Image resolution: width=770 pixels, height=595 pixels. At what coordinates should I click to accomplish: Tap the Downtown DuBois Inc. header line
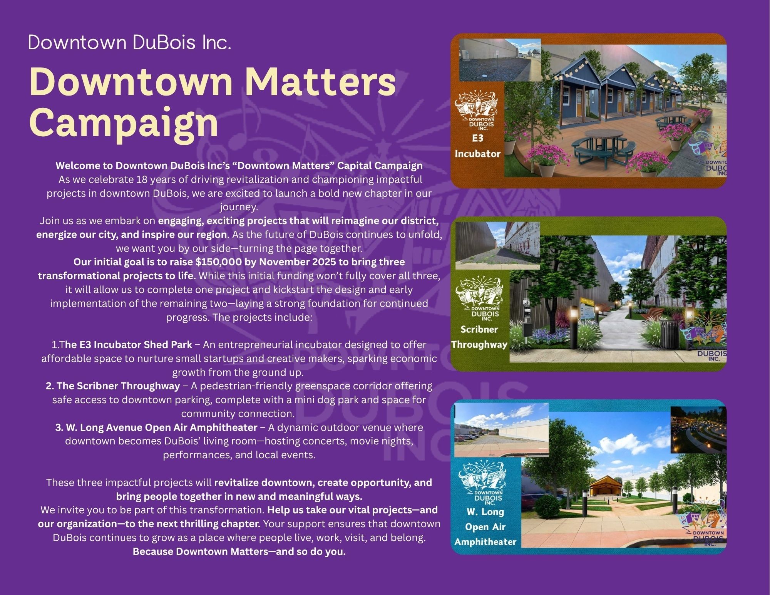point(129,42)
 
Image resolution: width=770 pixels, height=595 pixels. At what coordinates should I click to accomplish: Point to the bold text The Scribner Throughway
point(113,386)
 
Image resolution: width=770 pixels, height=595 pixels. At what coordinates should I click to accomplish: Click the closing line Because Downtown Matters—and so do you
point(239,551)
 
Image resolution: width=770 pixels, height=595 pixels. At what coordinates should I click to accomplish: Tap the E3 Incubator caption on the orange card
point(477,146)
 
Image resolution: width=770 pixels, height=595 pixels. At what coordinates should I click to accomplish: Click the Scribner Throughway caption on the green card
point(479,337)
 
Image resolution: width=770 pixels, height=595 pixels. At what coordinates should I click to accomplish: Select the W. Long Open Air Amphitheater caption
point(485,527)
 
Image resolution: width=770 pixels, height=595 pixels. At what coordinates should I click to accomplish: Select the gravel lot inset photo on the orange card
point(500,60)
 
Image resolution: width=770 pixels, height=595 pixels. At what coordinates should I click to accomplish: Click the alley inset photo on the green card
point(497,246)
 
